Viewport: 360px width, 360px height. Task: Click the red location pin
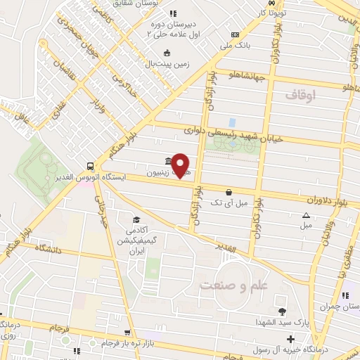181,165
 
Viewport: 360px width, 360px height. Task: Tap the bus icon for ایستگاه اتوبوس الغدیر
90,167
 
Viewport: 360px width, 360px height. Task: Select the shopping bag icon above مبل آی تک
229,191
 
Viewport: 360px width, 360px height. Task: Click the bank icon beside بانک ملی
235,34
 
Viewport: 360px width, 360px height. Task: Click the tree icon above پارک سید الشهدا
282,311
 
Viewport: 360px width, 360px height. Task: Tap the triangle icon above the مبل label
306,216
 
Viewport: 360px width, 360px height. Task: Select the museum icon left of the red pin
167,160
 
